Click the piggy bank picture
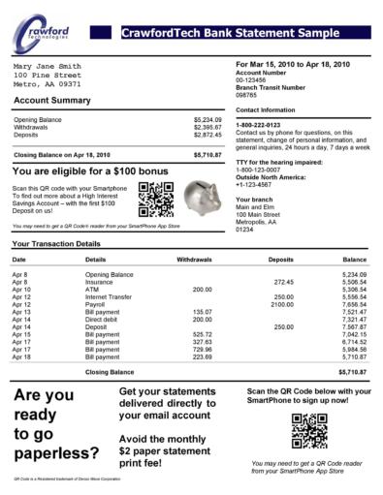206,197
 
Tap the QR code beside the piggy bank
155,198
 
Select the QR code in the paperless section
309,431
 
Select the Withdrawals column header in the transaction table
195,261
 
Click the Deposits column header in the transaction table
280,261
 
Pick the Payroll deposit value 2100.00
281,303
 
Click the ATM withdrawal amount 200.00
202,289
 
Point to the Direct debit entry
105,319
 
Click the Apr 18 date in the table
20,356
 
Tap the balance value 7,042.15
355,333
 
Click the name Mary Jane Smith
48,66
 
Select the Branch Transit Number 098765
248,95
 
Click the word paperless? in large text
57,452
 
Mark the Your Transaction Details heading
56,244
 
